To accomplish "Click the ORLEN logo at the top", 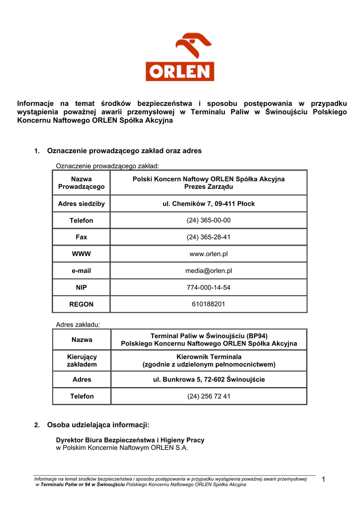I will coord(180,57).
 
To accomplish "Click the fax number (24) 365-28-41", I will coord(208,237).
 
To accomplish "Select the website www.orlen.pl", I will coord(208,254).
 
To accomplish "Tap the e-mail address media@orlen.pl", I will coord(208,271).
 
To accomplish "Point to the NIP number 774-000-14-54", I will coord(208,287).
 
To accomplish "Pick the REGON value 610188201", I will coord(208,304).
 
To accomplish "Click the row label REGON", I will coord(81,304).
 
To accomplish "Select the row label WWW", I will coord(81,254).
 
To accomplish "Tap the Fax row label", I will coord(81,237).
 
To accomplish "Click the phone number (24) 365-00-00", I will coord(208,220).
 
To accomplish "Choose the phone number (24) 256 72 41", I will coord(208,396).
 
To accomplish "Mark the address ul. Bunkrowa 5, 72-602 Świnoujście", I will coord(208,379).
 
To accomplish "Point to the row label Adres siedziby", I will coord(81,204).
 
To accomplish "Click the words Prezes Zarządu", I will coord(208,187).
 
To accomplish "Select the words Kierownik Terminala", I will coord(209,357).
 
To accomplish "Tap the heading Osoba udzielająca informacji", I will coord(98,424).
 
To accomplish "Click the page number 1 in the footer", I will coord(324,479).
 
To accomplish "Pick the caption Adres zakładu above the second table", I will coord(78,325).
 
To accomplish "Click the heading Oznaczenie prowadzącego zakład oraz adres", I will coord(124,151).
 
